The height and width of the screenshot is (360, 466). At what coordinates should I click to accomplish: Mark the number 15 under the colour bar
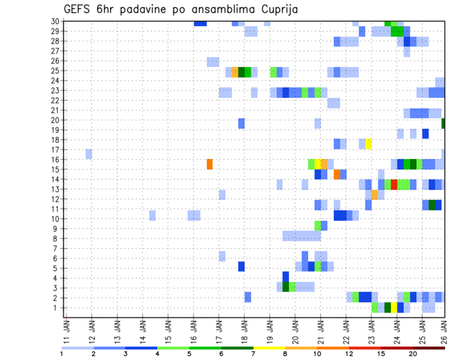click(x=381, y=353)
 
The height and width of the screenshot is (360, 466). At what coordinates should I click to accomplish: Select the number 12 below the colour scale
click(x=349, y=353)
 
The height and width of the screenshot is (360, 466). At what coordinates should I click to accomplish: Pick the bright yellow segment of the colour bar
click(x=269, y=348)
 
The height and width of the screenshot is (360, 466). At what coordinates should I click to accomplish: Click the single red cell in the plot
click(x=394, y=184)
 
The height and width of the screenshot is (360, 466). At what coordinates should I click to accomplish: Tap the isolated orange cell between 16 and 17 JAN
click(x=210, y=164)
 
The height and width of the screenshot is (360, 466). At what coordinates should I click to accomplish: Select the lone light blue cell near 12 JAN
click(x=89, y=154)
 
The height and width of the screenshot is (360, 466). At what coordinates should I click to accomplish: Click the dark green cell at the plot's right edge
click(x=443, y=123)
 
